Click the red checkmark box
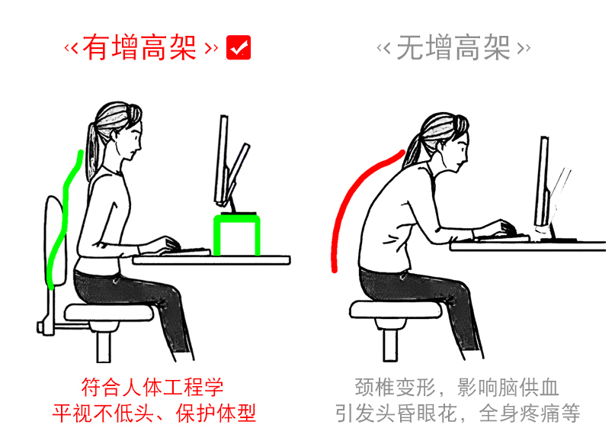tap(239, 47)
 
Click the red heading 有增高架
tap(139, 48)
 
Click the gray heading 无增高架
tap(453, 48)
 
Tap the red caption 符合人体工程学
tap(152, 387)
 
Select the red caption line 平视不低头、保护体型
tap(154, 413)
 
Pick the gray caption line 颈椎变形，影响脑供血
tap(457, 387)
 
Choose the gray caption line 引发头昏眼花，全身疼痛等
tap(457, 413)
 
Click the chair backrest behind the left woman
tap(53, 240)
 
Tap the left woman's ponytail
tap(92, 151)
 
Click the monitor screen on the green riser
tap(222, 160)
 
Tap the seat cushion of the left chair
tap(109, 313)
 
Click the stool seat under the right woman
tap(396, 309)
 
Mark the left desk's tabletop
tap(212, 260)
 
